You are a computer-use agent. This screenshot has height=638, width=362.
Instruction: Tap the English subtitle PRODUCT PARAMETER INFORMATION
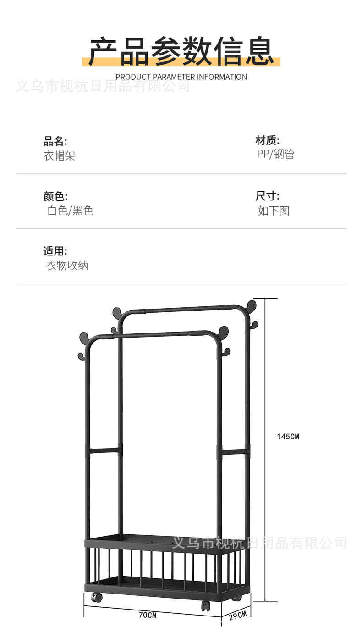pyautogui.click(x=181, y=77)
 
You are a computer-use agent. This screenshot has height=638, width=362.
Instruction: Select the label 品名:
pyautogui.click(x=55, y=141)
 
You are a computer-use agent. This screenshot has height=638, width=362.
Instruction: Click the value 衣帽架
pyautogui.click(x=59, y=156)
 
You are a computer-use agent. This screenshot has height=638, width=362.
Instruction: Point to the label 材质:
pyautogui.click(x=267, y=140)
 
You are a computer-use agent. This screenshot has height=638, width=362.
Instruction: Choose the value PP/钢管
pyautogui.click(x=275, y=154)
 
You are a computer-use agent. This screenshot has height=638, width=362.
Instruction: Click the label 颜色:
pyautogui.click(x=55, y=196)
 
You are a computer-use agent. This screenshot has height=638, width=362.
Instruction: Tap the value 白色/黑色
pyautogui.click(x=70, y=211)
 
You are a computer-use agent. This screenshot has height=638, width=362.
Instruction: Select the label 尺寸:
pyautogui.click(x=267, y=196)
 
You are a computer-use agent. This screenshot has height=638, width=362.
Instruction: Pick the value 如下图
pyautogui.click(x=273, y=211)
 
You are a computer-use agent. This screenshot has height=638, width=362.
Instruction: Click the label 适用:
pyautogui.click(x=55, y=251)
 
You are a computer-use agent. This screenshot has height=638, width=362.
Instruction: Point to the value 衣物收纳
pyautogui.click(x=67, y=266)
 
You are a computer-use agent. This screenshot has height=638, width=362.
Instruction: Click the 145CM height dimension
pyautogui.click(x=288, y=437)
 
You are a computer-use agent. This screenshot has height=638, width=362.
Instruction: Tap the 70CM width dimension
pyautogui.click(x=148, y=615)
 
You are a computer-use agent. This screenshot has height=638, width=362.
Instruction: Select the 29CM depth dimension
pyautogui.click(x=238, y=616)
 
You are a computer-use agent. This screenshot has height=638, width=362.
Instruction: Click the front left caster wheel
pyautogui.click(x=96, y=598)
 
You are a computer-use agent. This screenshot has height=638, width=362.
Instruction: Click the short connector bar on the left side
pyautogui.click(x=104, y=451)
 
